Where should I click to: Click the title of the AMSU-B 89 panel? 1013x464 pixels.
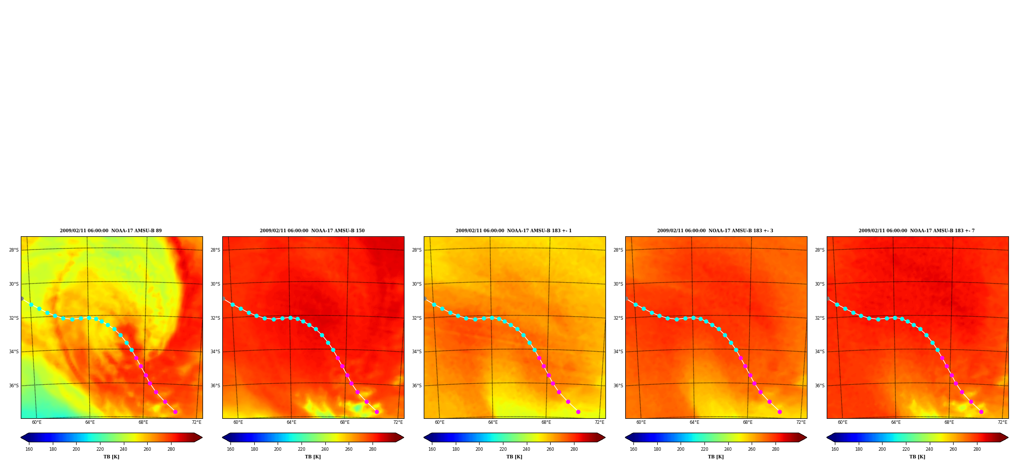111,231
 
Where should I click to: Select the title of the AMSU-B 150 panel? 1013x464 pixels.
312,231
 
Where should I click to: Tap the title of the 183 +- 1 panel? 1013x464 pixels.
514,231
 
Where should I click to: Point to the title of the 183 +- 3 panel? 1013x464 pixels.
715,231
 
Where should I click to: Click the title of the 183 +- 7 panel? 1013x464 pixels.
917,231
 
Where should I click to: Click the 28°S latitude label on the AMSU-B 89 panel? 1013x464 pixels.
14,250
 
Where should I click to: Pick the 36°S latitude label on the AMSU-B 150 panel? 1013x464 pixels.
215,386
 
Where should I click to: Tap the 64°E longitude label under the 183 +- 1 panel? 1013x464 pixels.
493,422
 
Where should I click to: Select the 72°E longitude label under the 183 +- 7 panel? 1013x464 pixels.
1002,422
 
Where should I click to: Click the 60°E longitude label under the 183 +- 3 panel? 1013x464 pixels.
641,422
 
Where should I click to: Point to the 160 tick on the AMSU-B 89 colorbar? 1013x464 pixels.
29,449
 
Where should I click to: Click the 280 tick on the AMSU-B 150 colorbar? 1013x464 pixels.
373,449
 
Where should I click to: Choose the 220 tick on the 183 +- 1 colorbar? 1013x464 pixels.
503,449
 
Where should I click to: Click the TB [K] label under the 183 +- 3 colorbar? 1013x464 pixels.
716,457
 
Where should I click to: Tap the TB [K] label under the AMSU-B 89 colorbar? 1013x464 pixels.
111,457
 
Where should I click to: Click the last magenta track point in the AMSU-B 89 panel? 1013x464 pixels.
175,412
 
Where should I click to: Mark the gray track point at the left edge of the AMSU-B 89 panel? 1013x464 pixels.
21,298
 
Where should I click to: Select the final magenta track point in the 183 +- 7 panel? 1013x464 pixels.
981,412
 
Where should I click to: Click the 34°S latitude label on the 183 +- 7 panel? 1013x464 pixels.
820,352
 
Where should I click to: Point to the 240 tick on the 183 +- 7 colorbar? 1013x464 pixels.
929,449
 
